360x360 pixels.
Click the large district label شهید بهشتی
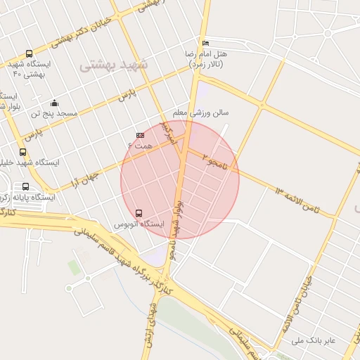[x=115, y=65]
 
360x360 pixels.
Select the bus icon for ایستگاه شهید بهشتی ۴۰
[x=29, y=54]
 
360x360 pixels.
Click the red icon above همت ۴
[x=141, y=135]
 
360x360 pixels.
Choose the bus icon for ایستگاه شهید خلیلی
[x=23, y=152]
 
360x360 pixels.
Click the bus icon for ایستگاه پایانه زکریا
[x=26, y=187]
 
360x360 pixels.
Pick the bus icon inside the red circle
[x=138, y=213]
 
